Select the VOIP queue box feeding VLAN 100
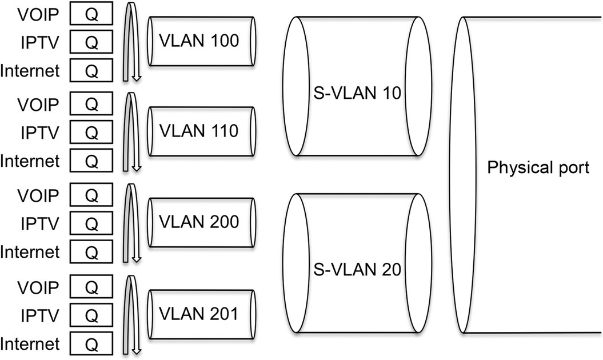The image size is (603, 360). coord(91,14)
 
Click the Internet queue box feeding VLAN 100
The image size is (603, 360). coord(91,71)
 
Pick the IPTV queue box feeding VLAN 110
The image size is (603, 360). coord(91,133)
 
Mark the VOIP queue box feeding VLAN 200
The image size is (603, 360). coord(91,195)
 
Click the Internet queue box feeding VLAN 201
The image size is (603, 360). coord(91,344)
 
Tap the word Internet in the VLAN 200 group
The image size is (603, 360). coord(30,251)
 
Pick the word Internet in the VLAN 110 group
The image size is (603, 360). coord(30,161)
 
